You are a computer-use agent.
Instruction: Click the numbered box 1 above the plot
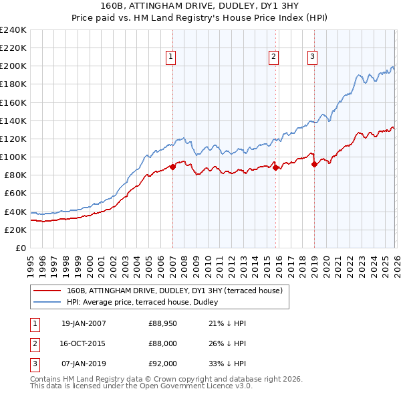[x=172, y=58]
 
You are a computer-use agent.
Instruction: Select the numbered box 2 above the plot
[x=274, y=58]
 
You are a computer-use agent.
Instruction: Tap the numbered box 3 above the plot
[x=312, y=58]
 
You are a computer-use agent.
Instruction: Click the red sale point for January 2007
[x=172, y=167]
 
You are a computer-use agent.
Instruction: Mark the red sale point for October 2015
[x=275, y=168]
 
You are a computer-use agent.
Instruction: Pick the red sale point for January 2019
[x=314, y=164]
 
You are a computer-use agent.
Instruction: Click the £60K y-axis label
[x=15, y=193]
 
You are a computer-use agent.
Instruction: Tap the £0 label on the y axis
[x=21, y=248]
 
